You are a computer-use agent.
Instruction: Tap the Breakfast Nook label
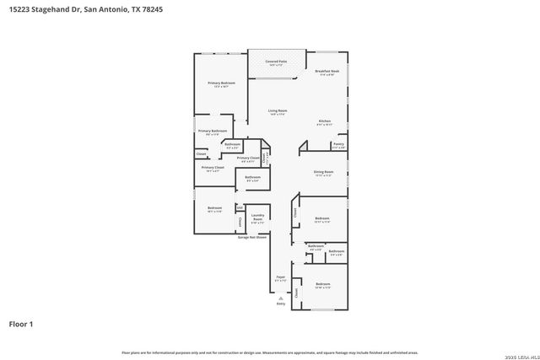[x=327, y=72]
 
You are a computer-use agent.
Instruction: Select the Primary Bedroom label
[x=222, y=83]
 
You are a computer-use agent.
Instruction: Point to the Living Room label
[x=278, y=110]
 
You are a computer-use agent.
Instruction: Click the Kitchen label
[x=325, y=121]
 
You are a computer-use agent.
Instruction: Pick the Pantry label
[x=337, y=144]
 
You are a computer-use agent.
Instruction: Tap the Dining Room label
[x=324, y=172]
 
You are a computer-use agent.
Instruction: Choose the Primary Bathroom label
[x=213, y=131]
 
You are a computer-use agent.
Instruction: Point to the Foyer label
[x=280, y=277]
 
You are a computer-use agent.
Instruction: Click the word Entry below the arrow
[x=280, y=303]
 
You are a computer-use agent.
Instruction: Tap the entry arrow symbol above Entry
[x=280, y=296]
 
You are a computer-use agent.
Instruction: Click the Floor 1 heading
[x=22, y=324]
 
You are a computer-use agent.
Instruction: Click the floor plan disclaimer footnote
[x=270, y=352]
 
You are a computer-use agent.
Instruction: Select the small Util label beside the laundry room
[x=240, y=207]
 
